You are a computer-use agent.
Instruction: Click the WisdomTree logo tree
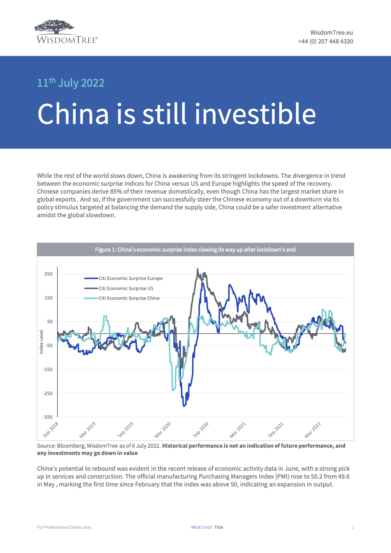point(55,27)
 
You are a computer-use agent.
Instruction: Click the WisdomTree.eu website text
point(331,32)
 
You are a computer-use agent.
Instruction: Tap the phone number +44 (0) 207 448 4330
point(325,41)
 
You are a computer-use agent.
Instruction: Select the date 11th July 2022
point(71,83)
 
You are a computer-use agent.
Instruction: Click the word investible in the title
point(255,114)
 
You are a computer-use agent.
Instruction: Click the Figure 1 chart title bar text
point(195,250)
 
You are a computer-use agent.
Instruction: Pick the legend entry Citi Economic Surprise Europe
point(131,278)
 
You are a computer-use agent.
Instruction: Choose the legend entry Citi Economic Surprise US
point(126,288)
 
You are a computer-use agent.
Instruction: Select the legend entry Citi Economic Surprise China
point(129,298)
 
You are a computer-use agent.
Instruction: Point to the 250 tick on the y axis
point(49,274)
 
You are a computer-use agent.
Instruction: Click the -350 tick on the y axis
point(48,417)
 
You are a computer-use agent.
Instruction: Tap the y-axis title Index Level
point(41,342)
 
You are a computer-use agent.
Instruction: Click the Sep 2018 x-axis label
point(51,430)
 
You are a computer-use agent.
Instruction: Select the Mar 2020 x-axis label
point(163,430)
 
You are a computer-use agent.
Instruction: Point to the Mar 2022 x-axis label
point(312,430)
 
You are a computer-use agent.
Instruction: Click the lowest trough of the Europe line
point(184,406)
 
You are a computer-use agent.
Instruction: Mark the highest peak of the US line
point(198,269)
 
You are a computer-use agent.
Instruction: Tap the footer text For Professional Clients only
point(64,527)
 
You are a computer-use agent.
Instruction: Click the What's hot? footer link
point(201,527)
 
